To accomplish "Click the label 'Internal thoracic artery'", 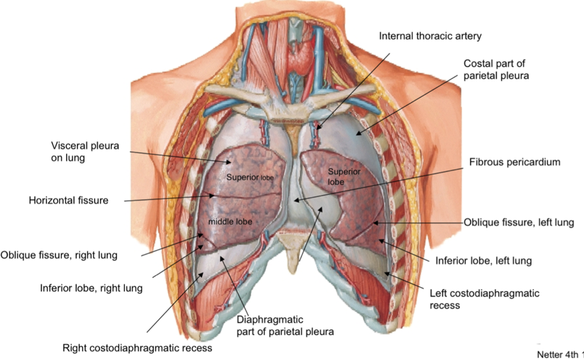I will [x=430, y=36].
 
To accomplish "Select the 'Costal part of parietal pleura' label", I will [x=496, y=70].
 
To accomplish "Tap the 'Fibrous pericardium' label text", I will [x=514, y=162].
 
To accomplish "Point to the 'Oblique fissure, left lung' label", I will [x=518, y=222].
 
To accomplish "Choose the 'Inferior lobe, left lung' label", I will [x=483, y=260].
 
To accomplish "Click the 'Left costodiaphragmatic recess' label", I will [x=484, y=299].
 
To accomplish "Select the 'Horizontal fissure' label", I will [x=69, y=200].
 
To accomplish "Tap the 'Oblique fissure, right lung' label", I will [x=59, y=255].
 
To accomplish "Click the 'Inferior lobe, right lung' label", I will [x=91, y=288].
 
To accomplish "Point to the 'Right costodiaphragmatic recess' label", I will [x=137, y=347].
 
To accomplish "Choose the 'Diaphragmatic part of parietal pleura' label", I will [x=285, y=325].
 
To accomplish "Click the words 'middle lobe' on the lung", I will [x=230, y=222].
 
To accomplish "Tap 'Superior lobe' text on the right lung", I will [x=246, y=178].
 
